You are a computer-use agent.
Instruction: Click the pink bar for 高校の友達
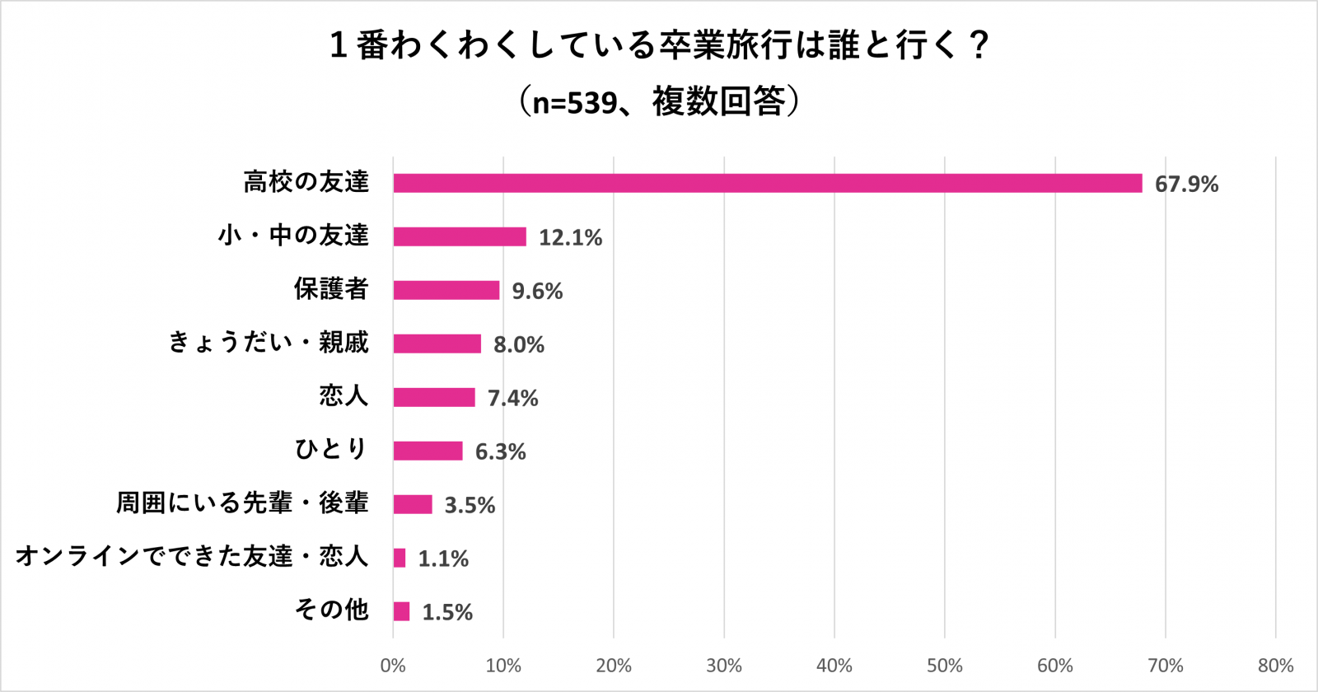point(767,183)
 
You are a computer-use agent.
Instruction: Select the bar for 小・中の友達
point(460,236)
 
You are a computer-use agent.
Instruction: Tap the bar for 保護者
point(446,290)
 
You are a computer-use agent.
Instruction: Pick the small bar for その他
point(401,611)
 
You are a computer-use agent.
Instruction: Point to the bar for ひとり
point(428,451)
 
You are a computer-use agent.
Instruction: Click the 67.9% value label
point(1185,184)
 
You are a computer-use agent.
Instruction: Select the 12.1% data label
point(570,237)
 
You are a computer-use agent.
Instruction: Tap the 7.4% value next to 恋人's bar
point(512,398)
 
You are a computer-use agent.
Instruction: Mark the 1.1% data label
point(443,559)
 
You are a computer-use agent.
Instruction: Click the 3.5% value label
point(470,505)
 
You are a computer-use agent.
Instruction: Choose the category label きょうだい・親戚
point(269,342)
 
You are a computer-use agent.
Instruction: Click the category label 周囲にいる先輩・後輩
point(242,503)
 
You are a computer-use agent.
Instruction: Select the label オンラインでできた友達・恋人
point(192,556)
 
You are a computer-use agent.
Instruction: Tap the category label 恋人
point(344,395)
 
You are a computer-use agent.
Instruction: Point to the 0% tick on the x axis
point(393,666)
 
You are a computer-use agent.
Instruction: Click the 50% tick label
point(944,666)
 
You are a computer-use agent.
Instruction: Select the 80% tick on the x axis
point(1275,666)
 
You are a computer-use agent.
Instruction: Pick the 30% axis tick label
point(724,666)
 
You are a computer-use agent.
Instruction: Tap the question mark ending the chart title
point(979,45)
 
